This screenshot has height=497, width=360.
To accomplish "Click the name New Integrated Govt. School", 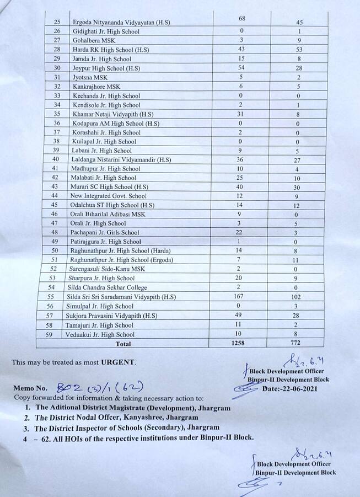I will coord(109,196).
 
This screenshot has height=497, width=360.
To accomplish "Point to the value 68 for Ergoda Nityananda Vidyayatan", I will coord(242,19).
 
